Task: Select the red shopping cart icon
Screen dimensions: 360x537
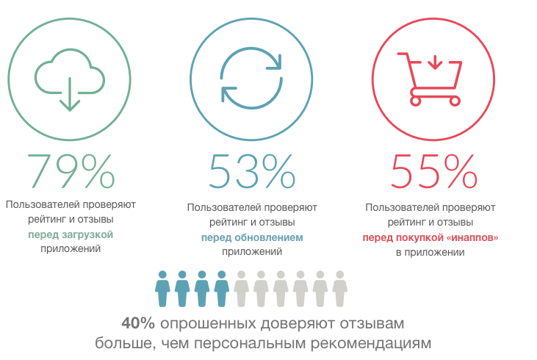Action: click(430, 77)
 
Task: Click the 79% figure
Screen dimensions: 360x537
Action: click(71, 171)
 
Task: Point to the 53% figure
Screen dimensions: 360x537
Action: click(253, 171)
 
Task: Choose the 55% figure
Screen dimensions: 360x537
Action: click(434, 171)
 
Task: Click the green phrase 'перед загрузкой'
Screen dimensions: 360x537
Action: click(71, 234)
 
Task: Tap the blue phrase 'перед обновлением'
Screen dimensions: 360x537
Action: click(252, 237)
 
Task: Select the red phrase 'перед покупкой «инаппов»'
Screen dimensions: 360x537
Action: click(430, 237)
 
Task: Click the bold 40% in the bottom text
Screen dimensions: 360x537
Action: click(139, 323)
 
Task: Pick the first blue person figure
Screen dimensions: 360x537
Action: click(162, 288)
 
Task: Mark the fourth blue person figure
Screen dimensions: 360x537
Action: click(221, 288)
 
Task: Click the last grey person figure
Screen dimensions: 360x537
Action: click(339, 288)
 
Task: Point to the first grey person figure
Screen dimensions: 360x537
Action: click(241, 288)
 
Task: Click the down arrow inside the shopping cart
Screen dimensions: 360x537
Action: click(434, 60)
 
